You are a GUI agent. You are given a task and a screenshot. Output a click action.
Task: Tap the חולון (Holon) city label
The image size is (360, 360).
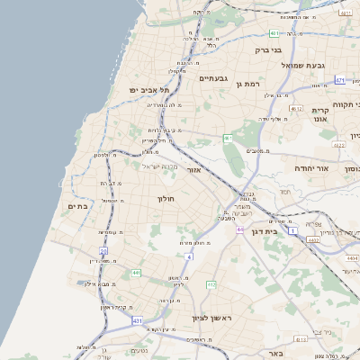166,198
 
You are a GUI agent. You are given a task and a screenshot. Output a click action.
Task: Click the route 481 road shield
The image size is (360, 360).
274,33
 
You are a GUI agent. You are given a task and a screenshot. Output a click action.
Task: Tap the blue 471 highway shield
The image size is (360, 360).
340,80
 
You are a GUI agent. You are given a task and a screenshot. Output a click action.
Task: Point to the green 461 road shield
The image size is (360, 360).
229,138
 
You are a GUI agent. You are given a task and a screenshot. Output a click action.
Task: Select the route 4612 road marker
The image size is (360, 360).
296,109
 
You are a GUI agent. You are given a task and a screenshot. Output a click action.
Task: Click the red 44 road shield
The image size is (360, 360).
240,230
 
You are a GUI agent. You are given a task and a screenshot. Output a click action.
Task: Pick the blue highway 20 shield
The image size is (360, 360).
103,251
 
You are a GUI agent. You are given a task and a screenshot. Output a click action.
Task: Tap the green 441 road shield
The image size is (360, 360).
136,272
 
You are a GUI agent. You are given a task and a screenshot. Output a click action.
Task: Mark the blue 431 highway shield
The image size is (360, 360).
137,320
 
